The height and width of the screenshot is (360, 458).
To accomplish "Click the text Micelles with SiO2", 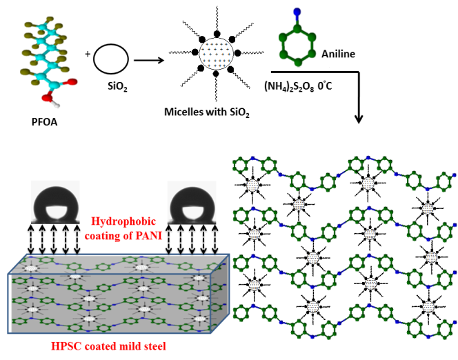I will pyautogui.click(x=205, y=110).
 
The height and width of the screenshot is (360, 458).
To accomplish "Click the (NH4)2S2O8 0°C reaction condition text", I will pyautogui.click(x=307, y=86).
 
